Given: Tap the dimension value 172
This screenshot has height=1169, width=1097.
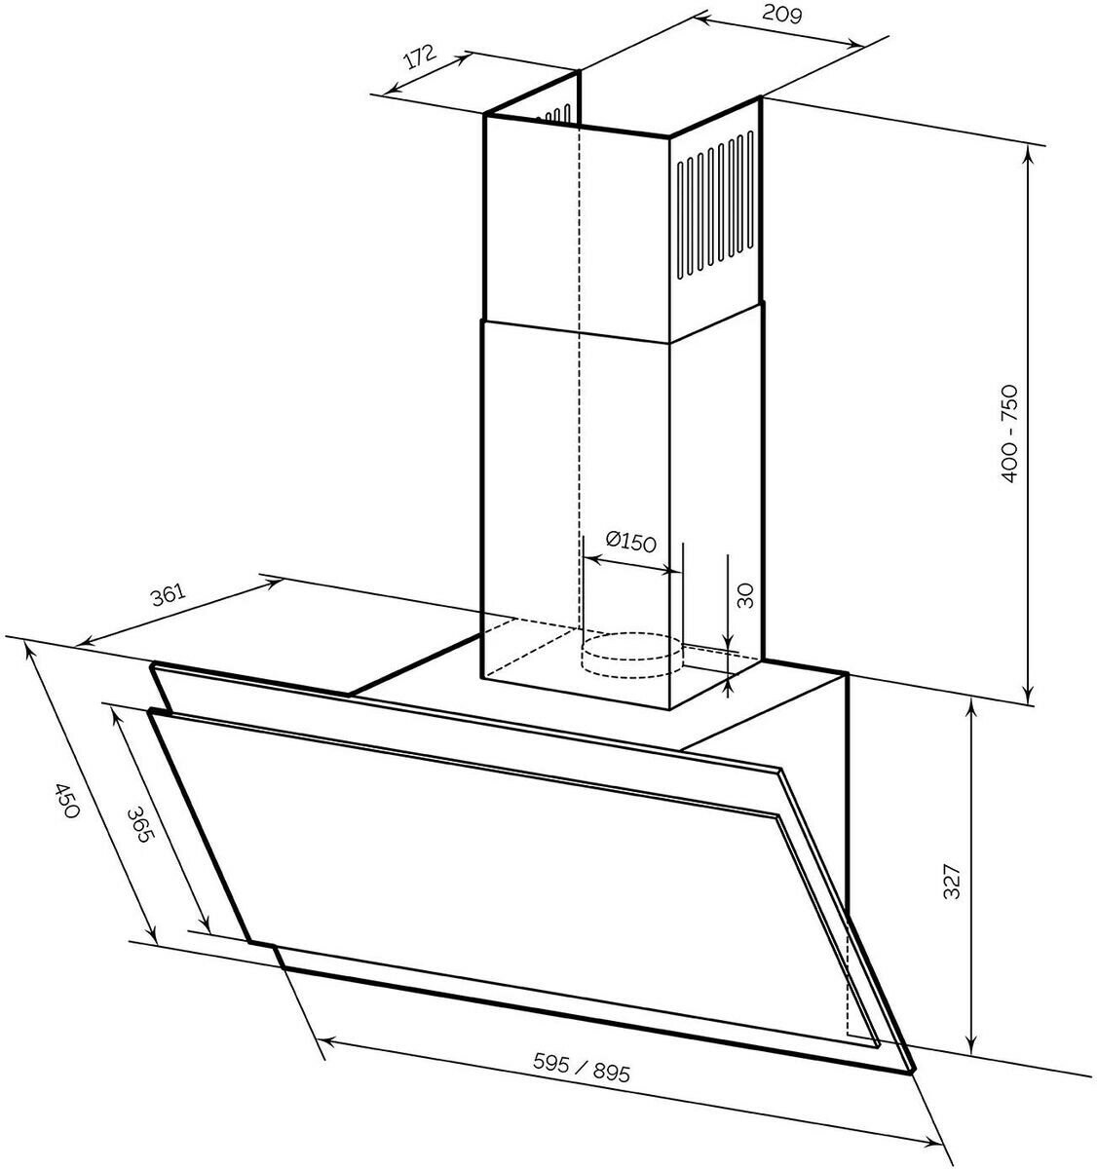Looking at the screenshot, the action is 418,57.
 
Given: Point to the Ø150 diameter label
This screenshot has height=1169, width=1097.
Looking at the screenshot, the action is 630,543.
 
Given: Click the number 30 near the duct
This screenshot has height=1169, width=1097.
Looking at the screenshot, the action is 745,594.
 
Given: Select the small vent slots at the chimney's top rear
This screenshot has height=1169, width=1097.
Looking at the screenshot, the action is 557,114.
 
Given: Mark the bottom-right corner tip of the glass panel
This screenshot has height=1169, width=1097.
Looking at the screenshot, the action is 914,1070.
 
